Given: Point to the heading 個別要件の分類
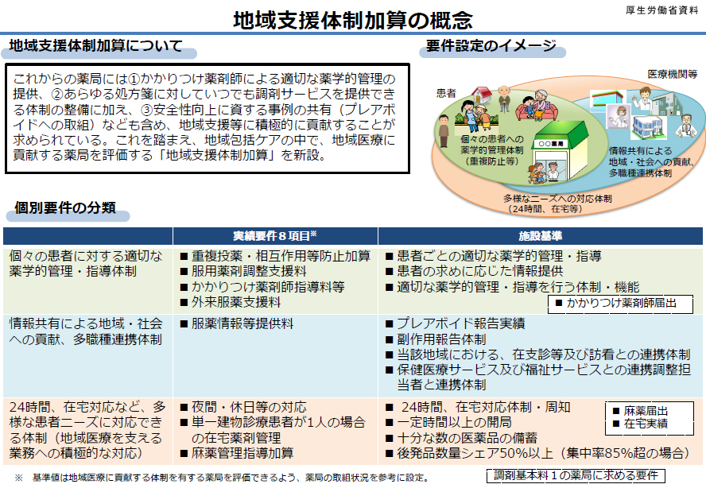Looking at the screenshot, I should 65,208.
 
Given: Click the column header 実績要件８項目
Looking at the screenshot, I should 274,236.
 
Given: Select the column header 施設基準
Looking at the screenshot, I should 540,236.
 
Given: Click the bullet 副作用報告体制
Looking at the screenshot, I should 440,339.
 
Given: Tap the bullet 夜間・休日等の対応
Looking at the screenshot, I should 242,407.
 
